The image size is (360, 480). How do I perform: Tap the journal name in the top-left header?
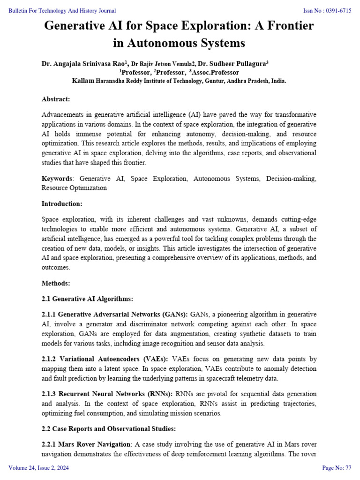click(62, 11)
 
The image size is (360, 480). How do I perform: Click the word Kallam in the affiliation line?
click(83, 81)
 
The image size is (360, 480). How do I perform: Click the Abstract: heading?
click(56, 99)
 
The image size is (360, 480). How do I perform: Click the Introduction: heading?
click(62, 204)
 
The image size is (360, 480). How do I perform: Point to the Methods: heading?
click(56, 283)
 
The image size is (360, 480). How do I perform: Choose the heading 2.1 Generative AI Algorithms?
click(88, 299)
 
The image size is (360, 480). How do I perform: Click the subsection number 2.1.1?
click(49, 314)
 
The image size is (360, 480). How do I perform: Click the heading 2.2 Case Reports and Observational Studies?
click(109, 428)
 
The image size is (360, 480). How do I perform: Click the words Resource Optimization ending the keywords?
click(74, 187)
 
